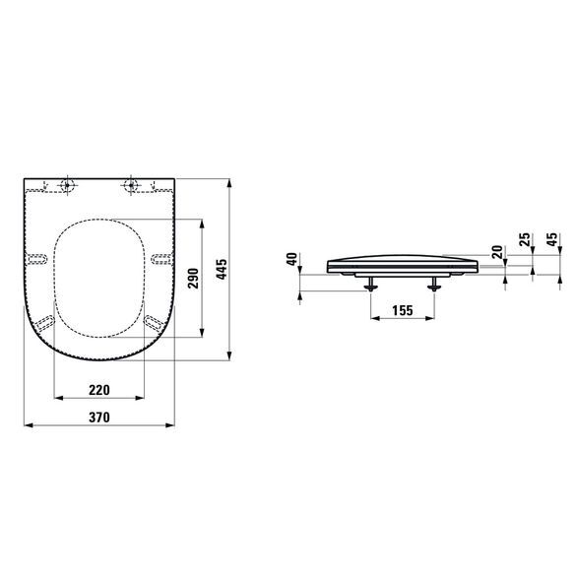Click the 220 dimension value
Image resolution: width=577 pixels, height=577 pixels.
(97, 389)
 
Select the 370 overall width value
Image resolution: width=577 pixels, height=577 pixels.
(97, 417)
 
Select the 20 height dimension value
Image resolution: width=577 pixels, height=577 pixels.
(497, 253)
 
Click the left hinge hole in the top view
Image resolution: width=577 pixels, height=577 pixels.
(67, 185)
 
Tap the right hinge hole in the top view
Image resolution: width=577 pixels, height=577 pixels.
(130, 185)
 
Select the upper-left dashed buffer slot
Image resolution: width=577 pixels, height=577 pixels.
(37, 258)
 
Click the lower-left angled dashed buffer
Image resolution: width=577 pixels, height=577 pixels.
(42, 322)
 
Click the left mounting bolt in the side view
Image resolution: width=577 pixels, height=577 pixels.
(370, 286)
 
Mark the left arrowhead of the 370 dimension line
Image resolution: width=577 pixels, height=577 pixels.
(25, 427)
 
